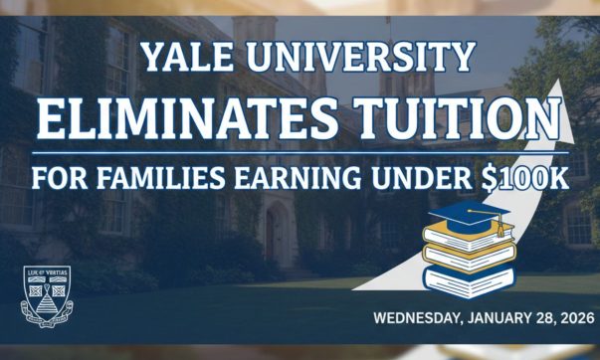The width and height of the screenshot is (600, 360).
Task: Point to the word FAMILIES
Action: click(x=147, y=182)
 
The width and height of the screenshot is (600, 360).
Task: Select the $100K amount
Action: click(x=528, y=182)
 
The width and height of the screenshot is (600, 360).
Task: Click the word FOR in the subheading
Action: click(x=57, y=182)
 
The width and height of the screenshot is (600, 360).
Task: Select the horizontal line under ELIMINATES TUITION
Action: click(x=299, y=153)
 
